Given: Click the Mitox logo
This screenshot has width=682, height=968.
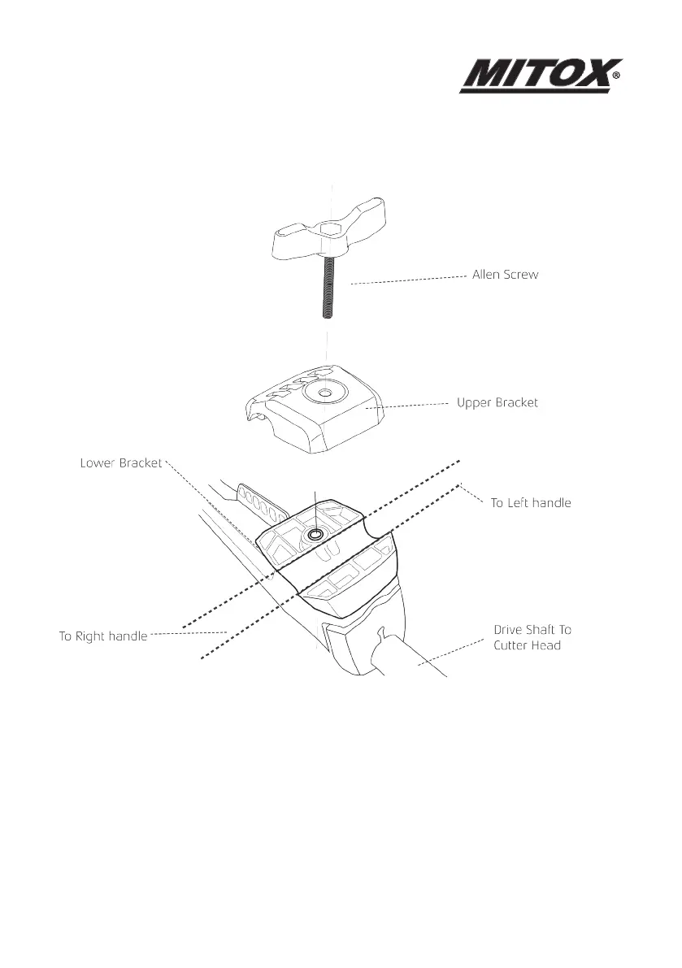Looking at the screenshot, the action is [536, 76].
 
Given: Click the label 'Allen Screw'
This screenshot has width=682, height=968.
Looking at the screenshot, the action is [505, 275].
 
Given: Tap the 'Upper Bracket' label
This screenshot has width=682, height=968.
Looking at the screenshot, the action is [497, 402].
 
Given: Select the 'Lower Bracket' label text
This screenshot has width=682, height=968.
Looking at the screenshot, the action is [120, 463].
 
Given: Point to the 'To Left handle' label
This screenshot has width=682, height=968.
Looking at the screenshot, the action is [530, 503].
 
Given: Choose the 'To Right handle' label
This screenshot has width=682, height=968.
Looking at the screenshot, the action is [102, 636].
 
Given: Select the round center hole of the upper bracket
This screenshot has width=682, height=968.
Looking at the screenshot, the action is [324, 394].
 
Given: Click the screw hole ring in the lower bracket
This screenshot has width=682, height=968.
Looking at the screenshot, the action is [314, 534].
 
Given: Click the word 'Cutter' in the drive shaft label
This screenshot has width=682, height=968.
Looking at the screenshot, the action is [514, 645].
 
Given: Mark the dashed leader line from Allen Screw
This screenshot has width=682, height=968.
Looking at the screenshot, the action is [406, 280].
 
